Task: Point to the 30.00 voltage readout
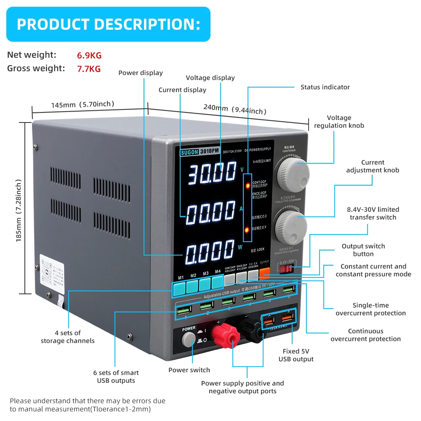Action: [212, 173]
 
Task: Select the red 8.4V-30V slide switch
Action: [287, 268]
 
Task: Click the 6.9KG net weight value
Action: [89, 56]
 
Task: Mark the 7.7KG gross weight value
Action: [89, 69]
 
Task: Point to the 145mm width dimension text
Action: [83, 104]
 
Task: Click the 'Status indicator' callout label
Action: [325, 87]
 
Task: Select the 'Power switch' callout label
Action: [189, 370]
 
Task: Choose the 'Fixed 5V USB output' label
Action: [296, 355]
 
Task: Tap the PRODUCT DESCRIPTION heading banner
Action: [108, 24]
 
